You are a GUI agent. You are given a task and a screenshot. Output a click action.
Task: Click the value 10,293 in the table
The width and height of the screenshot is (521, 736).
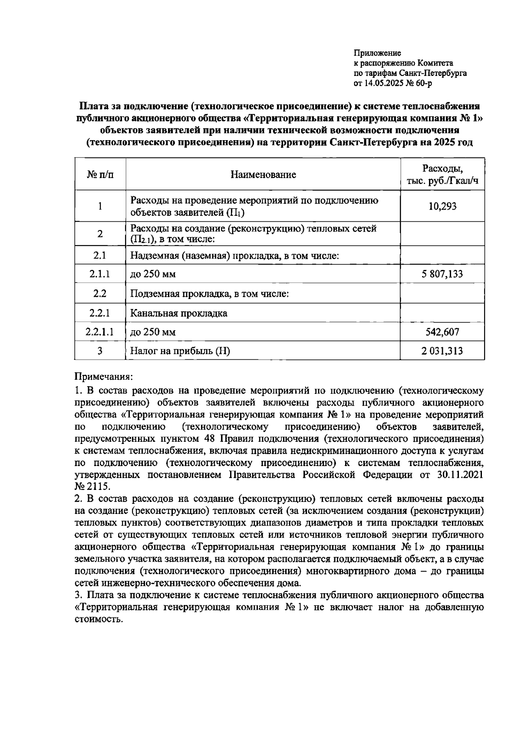(x=442, y=206)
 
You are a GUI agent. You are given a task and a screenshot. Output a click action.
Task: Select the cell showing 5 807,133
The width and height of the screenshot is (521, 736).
(x=442, y=274)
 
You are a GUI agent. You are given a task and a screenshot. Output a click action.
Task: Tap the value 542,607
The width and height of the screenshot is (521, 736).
(x=442, y=332)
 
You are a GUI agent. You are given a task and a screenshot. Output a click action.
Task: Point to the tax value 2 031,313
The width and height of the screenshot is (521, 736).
(x=442, y=351)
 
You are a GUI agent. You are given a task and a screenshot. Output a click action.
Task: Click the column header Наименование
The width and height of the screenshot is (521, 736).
(x=263, y=174)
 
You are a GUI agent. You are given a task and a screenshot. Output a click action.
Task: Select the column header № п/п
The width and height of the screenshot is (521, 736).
(x=100, y=174)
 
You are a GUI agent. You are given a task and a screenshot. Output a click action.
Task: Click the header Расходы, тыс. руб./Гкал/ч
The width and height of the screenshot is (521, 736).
(x=442, y=174)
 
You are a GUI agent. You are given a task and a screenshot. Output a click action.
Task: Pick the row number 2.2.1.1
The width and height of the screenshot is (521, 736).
(x=100, y=332)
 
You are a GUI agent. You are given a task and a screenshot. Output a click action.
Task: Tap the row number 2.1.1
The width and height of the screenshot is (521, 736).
(x=100, y=274)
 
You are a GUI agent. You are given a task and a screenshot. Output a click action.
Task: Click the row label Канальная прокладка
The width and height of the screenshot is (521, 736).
(x=179, y=313)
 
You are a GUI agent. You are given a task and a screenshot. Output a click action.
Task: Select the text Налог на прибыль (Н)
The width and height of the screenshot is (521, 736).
(x=180, y=351)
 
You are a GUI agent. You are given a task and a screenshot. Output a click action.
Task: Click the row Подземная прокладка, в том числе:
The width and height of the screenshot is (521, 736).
(x=210, y=294)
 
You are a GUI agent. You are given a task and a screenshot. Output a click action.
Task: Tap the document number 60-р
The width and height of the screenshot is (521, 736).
(x=424, y=83)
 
